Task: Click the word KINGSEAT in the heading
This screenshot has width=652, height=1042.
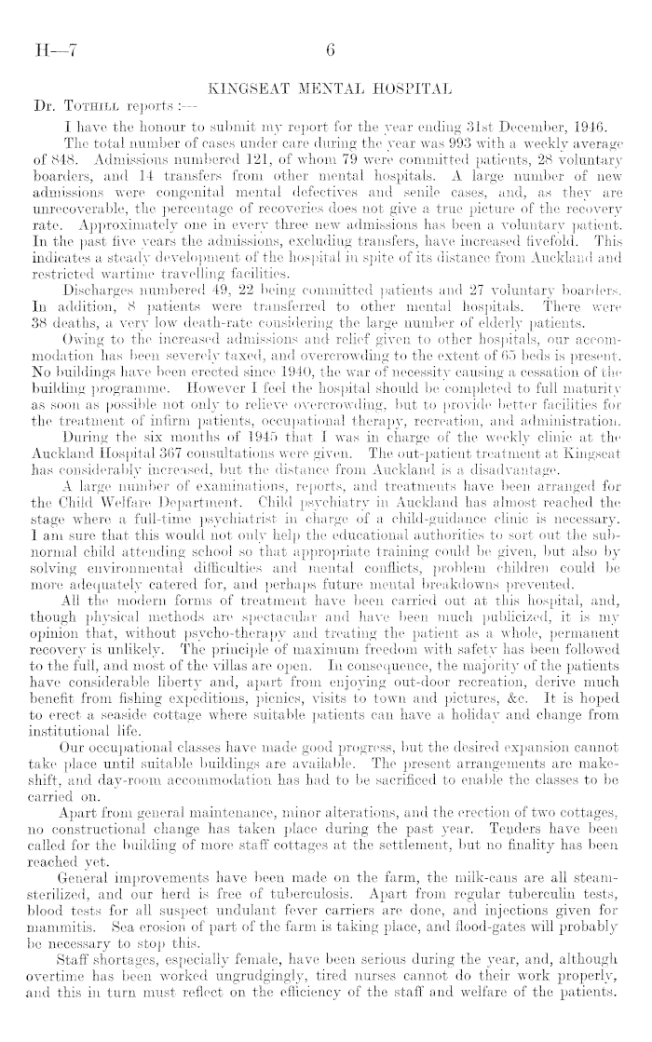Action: coord(249,91)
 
